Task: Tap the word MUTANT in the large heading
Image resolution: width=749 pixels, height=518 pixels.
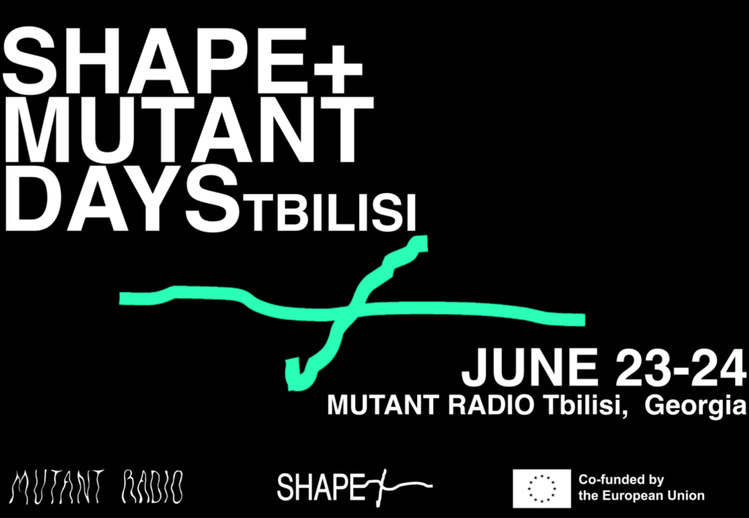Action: tap(188, 129)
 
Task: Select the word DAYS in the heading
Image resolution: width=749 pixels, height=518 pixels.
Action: tap(122, 197)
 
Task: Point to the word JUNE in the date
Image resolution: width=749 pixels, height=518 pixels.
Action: tap(530, 367)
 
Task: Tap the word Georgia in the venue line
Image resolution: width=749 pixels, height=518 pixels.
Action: tap(695, 406)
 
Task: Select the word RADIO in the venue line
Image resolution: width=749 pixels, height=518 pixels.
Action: tap(491, 405)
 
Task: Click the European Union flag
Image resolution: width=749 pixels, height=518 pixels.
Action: tap(542, 489)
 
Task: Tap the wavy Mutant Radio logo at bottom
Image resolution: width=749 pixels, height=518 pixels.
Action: tap(96, 487)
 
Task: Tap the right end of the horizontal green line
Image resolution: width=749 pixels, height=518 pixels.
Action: tap(584, 320)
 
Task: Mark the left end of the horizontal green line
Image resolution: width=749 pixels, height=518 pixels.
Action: tap(121, 299)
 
